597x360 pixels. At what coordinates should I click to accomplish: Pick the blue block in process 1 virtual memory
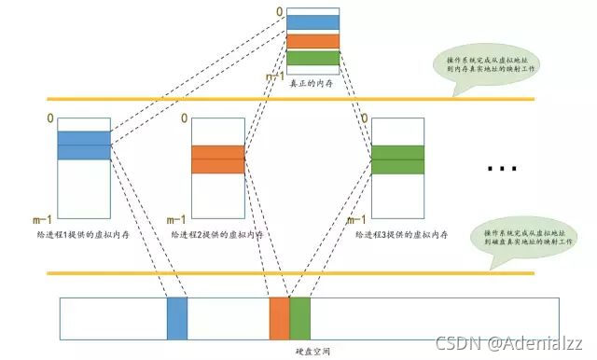[84, 145]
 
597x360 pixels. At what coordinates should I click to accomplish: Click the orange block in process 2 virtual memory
[217, 159]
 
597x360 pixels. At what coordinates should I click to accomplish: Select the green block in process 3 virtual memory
[398, 159]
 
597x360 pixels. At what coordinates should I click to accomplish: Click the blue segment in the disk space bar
[177, 318]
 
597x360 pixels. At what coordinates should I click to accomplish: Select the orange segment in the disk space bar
[279, 318]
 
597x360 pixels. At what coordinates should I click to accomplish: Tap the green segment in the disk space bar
[299, 318]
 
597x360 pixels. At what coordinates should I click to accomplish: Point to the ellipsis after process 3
[502, 169]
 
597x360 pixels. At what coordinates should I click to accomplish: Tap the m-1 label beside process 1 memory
[42, 220]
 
